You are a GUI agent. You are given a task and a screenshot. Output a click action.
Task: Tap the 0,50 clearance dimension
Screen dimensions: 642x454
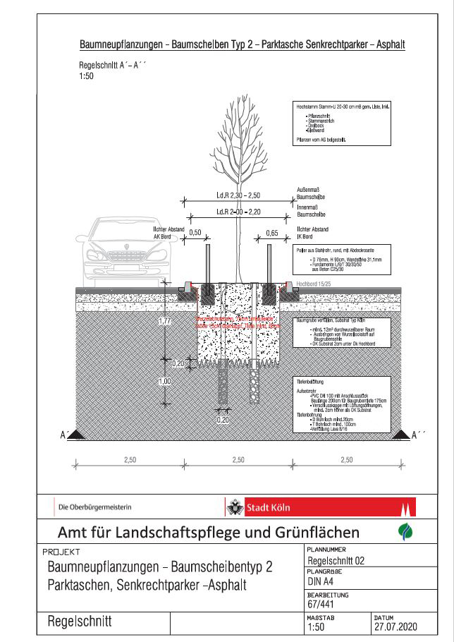195,232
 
